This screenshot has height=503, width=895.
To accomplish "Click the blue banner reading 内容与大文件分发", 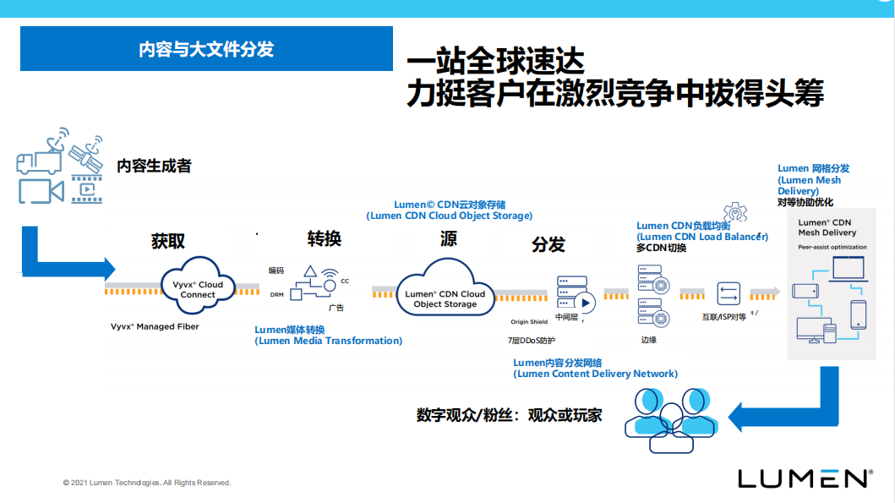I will tap(206, 49).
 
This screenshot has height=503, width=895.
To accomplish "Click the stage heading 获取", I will tap(168, 241).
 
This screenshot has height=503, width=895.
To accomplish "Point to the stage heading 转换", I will tap(324, 238).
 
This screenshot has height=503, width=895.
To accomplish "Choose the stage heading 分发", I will tap(548, 245).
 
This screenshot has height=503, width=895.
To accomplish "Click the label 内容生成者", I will tap(154, 166).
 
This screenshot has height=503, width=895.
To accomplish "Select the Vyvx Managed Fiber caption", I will tap(155, 326).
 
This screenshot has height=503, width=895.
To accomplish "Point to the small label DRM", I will tap(276, 295).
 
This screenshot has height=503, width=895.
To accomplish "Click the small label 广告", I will tap(336, 309).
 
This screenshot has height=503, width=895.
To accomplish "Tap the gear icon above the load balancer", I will tap(734, 212).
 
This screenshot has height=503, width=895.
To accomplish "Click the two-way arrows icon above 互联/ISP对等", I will tap(728, 293).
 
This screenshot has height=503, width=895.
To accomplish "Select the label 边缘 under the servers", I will tap(649, 340).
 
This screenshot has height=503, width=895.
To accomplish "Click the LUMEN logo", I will tap(805, 478).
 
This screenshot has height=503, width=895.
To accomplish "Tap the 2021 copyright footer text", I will tap(146, 483).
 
